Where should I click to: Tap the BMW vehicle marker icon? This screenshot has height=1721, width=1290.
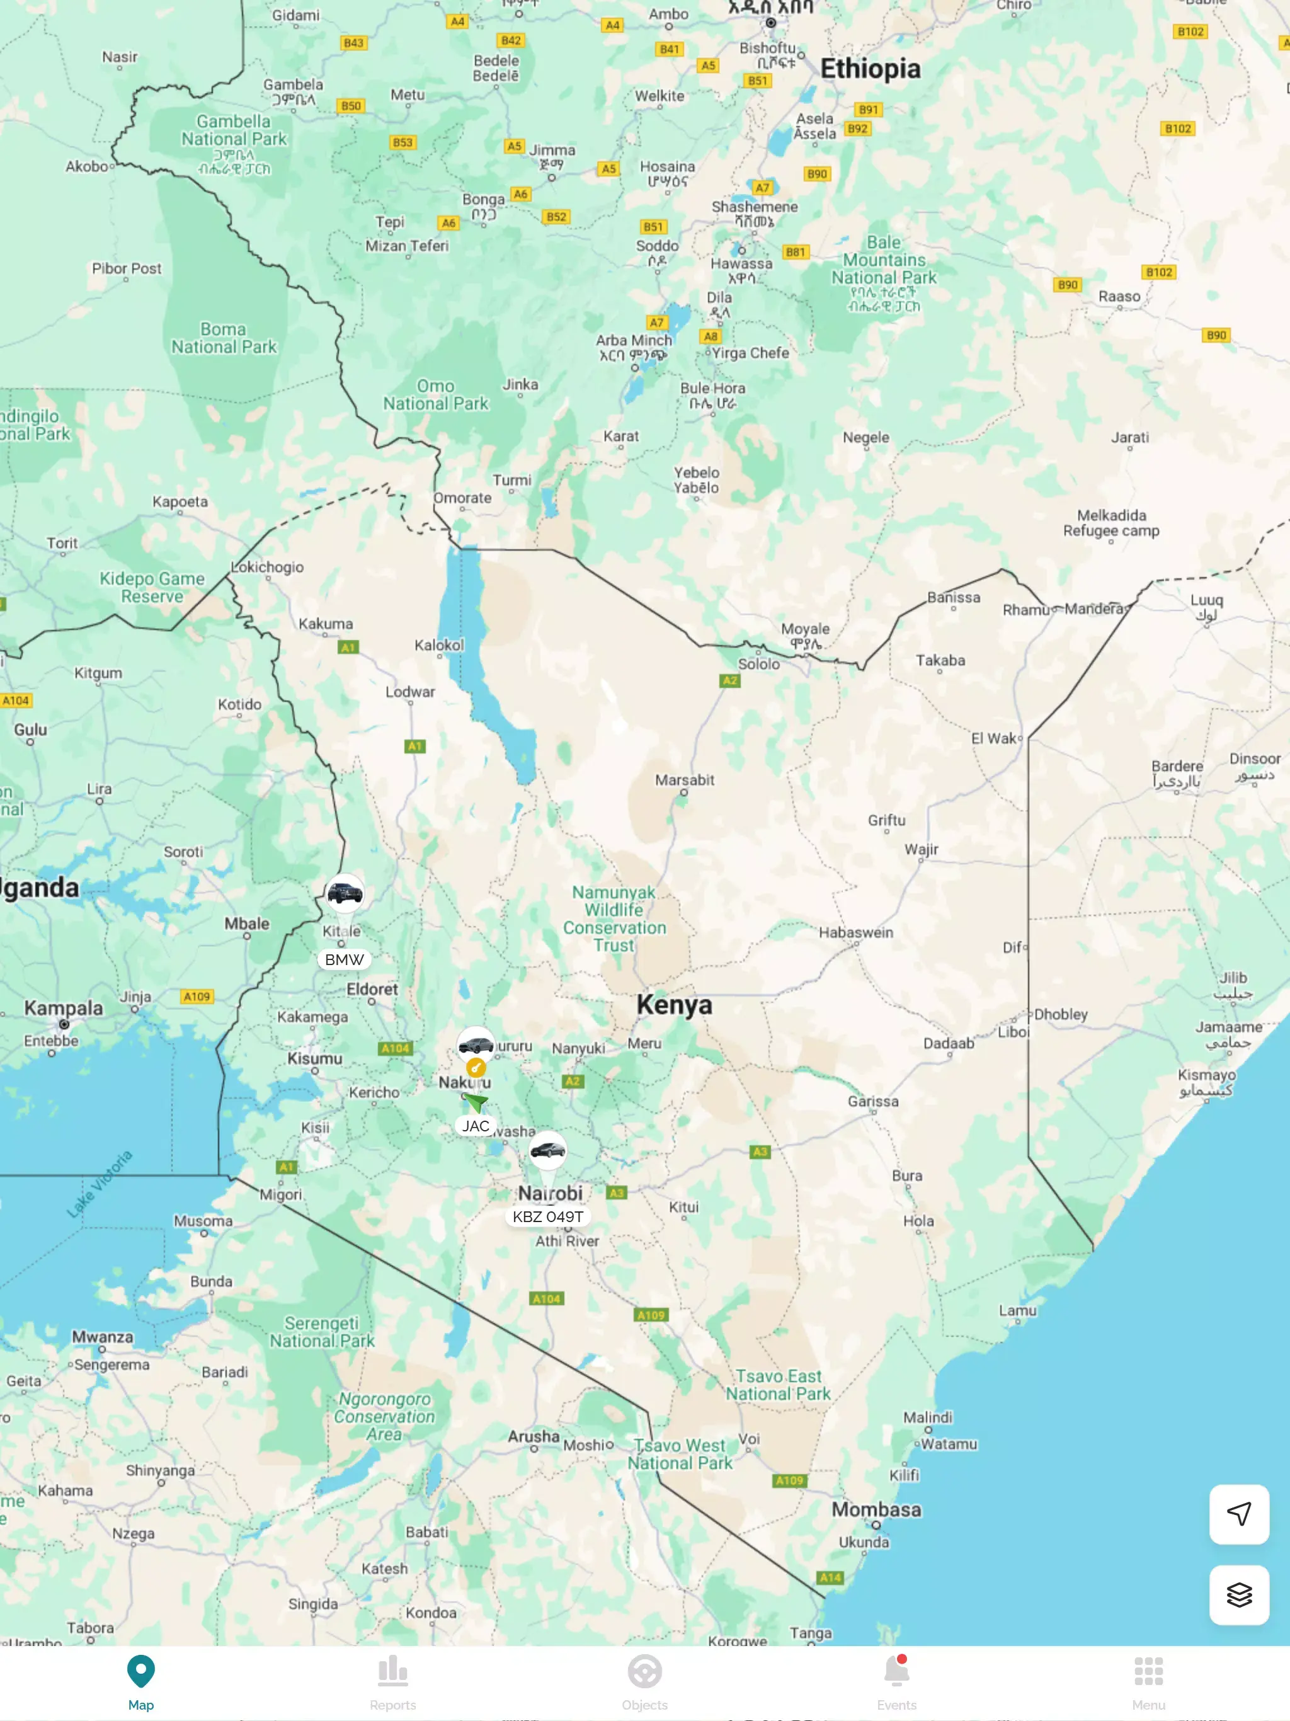tap(345, 893)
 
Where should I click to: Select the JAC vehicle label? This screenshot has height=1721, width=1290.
tap(476, 1126)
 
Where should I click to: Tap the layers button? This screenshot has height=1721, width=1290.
tap(1238, 1594)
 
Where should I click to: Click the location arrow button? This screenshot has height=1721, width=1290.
tap(1238, 1513)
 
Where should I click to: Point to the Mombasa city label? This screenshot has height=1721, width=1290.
tap(876, 1509)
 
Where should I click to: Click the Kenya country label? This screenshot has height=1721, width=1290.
tap(674, 1004)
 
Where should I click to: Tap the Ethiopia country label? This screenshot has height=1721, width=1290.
tap(870, 69)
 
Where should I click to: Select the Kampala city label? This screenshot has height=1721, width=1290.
tap(63, 1007)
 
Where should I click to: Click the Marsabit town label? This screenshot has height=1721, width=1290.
tap(684, 780)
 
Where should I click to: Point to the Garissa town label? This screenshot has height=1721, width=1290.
tap(873, 1101)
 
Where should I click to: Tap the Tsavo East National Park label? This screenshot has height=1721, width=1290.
tap(778, 1385)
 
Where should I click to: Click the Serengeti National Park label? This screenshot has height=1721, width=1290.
tap(322, 1332)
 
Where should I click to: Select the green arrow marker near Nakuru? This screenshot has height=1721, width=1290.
tap(476, 1101)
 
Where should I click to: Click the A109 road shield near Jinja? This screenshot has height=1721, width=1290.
tap(197, 997)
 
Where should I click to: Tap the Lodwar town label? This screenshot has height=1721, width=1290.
tap(410, 692)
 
